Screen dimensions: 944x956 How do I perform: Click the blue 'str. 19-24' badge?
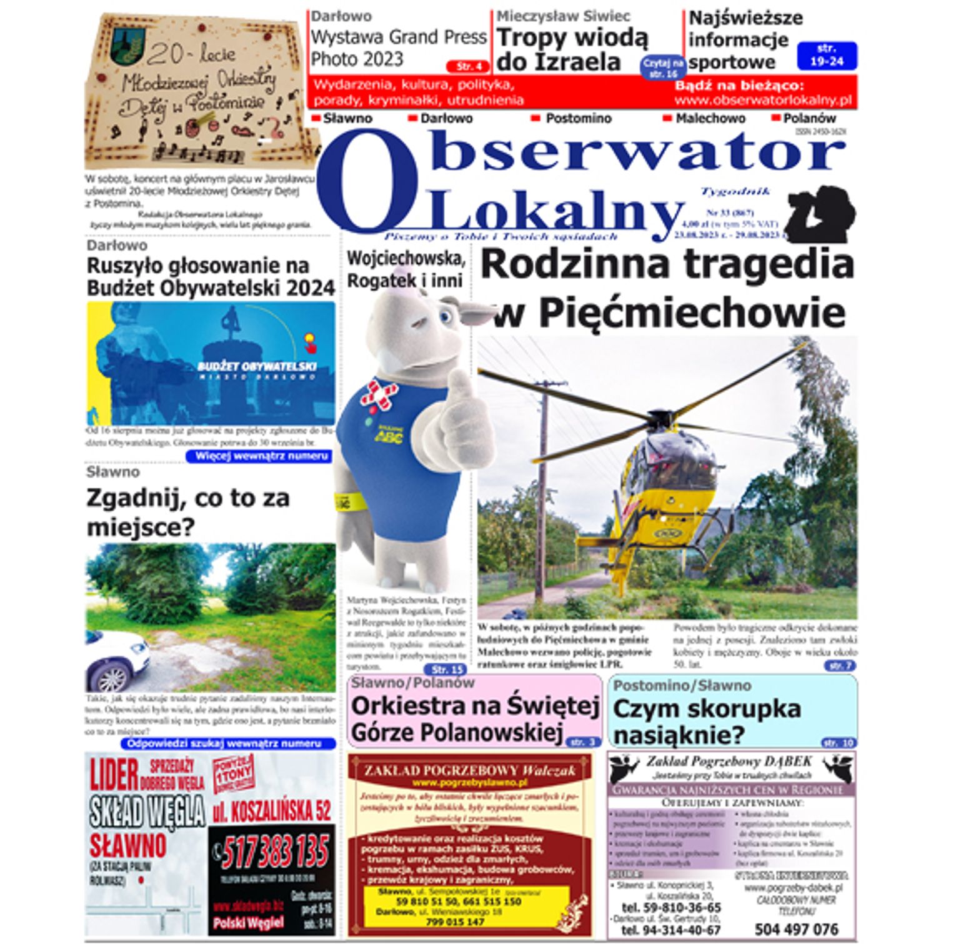tap(827, 55)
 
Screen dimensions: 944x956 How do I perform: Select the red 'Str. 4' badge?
tap(467, 66)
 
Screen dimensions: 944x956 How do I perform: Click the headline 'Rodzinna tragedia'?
tap(667, 264)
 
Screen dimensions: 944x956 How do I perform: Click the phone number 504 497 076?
tap(796, 929)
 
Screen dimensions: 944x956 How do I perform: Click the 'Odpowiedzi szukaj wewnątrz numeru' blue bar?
tap(227, 744)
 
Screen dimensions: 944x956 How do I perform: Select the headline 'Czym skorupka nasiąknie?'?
tap(706, 721)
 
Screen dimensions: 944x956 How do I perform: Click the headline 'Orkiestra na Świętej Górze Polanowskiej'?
tap(475, 718)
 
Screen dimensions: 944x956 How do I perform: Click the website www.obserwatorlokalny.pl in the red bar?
tap(763, 100)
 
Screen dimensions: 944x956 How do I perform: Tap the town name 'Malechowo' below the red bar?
tap(710, 118)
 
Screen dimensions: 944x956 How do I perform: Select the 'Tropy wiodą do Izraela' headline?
tap(572, 50)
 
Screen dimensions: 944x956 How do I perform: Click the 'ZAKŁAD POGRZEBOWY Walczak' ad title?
tap(469, 771)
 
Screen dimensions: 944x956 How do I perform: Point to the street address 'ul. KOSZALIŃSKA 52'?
tap(272, 811)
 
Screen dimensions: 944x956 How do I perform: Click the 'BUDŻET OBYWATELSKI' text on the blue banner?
tap(257, 366)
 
